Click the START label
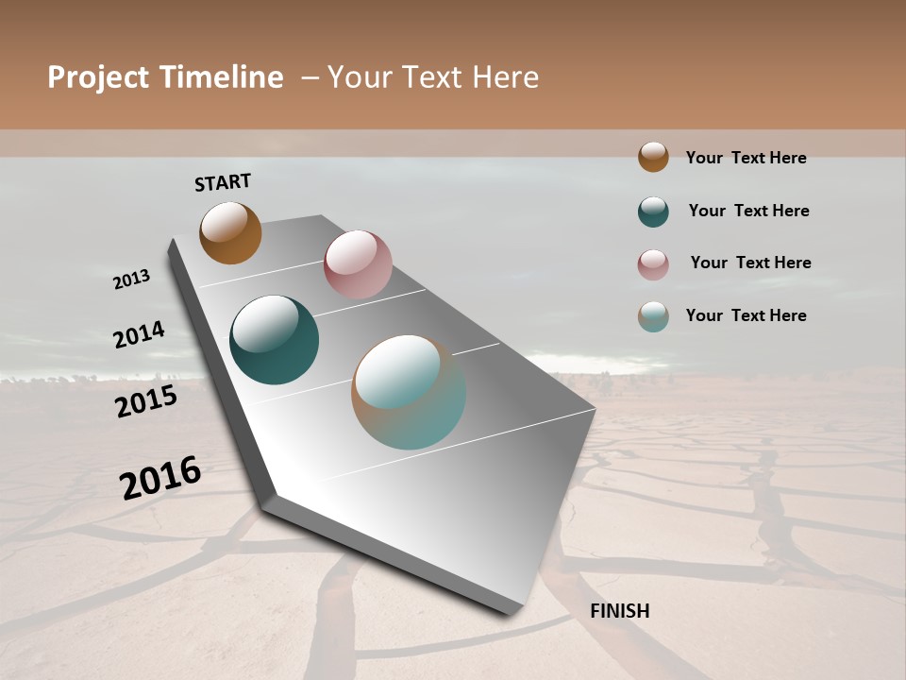click(223, 182)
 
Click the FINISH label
click(619, 611)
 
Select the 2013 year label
click(131, 280)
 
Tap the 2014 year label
click(139, 334)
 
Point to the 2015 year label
click(146, 401)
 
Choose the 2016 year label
click(160, 478)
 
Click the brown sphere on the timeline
click(230, 232)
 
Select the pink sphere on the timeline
click(358, 264)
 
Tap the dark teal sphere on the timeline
click(274, 340)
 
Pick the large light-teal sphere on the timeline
click(409, 392)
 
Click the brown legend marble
click(653, 157)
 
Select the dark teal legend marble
click(653, 212)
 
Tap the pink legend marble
click(653, 264)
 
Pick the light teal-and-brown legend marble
click(653, 316)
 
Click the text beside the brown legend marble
click(746, 158)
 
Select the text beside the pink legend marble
click(750, 263)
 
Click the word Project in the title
click(98, 77)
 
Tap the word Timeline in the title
click(220, 77)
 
